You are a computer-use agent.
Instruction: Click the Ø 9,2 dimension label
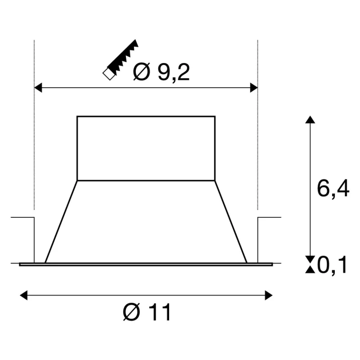tap(162, 72)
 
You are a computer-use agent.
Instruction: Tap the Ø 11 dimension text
tap(147, 312)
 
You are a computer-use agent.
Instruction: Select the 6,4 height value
tap(333, 189)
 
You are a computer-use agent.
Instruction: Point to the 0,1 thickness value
tap(332, 265)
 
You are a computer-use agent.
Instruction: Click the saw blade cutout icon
tap(121, 60)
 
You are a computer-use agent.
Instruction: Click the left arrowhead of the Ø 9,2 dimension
tap(38, 88)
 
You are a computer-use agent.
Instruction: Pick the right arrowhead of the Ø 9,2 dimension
tap(254, 88)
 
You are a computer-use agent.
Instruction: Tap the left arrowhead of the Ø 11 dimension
tap(24, 295)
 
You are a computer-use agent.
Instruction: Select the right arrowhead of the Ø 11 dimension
tap(269, 295)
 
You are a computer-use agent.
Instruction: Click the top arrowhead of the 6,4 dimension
tap(310, 120)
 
